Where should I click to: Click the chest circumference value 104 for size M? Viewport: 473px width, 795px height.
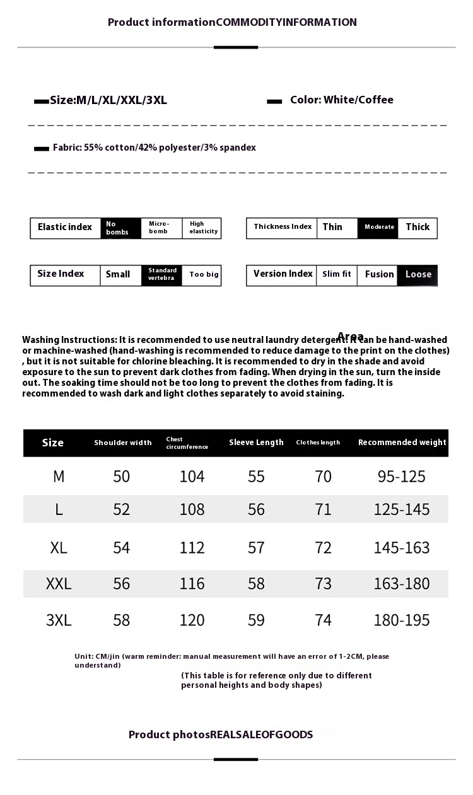(192, 477)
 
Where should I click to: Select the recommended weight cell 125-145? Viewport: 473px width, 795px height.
(401, 509)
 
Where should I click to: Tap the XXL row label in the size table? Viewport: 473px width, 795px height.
(59, 584)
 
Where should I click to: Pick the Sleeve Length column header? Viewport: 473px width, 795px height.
(256, 443)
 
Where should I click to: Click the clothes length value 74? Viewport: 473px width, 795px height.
(323, 620)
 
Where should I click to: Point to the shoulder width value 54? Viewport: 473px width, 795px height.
(121, 548)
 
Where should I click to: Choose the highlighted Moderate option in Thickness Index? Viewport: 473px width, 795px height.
(378, 228)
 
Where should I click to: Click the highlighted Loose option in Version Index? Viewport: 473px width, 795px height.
(418, 275)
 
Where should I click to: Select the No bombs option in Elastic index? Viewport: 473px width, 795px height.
(120, 228)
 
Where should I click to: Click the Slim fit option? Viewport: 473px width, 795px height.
(336, 275)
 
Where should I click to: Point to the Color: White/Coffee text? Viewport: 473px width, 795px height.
(341, 100)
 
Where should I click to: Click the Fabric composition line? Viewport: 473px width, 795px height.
(154, 148)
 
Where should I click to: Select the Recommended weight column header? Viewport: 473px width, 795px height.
(402, 443)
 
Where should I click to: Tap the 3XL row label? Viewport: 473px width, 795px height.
(59, 620)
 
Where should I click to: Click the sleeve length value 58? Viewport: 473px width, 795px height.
(256, 584)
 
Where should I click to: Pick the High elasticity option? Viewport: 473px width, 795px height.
(203, 228)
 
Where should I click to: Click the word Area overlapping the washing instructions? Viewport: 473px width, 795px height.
(351, 336)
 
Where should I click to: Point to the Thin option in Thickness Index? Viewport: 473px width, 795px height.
(332, 228)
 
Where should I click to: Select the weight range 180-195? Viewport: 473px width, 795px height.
(401, 620)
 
